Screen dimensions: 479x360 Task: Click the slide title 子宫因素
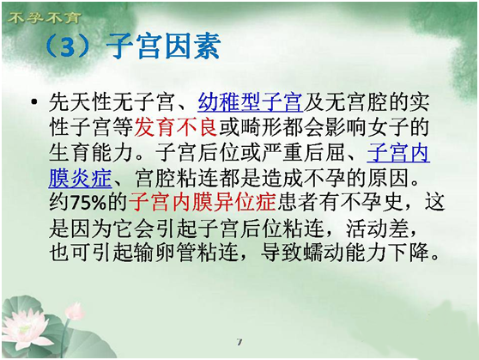click(x=163, y=46)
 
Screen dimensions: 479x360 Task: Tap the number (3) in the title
click(x=67, y=46)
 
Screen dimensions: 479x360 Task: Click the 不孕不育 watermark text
click(x=44, y=18)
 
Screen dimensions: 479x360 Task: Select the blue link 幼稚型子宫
click(x=250, y=102)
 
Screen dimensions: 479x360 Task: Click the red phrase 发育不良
click(x=176, y=127)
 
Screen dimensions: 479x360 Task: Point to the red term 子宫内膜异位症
click(x=203, y=202)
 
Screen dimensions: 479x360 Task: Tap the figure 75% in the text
click(x=88, y=203)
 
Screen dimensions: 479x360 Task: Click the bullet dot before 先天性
click(x=34, y=101)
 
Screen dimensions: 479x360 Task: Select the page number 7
click(x=240, y=342)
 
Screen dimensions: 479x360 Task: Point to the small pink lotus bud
click(x=74, y=311)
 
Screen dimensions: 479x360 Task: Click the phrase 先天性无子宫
click(x=112, y=102)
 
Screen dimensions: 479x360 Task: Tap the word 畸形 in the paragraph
click(x=262, y=127)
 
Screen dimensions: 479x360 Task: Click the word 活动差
click(x=377, y=228)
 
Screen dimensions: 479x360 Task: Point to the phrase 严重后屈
click(x=303, y=152)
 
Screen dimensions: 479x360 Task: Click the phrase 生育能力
click(x=90, y=152)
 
